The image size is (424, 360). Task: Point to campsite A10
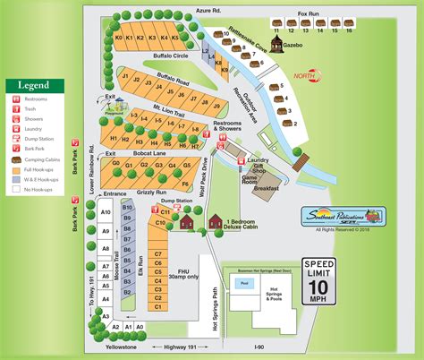[x=105, y=212]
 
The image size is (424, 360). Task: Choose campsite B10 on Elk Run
[x=128, y=208]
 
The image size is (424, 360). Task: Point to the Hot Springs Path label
[x=212, y=304]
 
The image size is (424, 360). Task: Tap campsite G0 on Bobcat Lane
[x=115, y=165]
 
